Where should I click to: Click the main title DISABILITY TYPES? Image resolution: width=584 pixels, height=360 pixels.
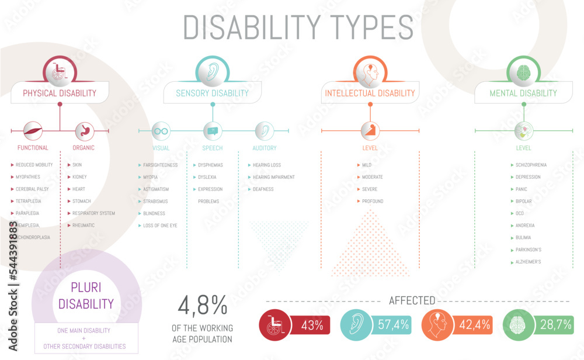[298, 27]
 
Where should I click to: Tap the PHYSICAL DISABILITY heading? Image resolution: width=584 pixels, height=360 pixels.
[60, 93]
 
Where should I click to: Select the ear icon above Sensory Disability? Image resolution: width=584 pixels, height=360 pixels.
[212, 72]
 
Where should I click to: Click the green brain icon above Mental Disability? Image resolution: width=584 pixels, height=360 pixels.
[523, 72]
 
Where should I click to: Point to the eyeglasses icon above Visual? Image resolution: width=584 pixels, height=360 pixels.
[161, 131]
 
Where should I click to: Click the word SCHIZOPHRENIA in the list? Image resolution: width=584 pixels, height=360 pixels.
[531, 165]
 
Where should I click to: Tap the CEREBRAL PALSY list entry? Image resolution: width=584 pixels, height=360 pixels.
[32, 189]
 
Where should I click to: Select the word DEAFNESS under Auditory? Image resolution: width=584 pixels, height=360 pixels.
[263, 189]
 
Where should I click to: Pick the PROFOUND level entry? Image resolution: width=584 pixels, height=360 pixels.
[373, 202]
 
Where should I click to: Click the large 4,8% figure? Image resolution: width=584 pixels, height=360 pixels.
[202, 305]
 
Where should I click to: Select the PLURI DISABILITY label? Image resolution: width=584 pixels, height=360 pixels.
[86, 296]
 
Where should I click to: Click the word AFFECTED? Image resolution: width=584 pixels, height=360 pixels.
[412, 301]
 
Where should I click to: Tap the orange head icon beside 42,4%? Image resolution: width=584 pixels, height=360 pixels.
[437, 325]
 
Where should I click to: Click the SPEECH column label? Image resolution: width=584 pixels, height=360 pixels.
[213, 148]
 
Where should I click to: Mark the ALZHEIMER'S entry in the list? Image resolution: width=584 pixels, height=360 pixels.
[528, 262]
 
